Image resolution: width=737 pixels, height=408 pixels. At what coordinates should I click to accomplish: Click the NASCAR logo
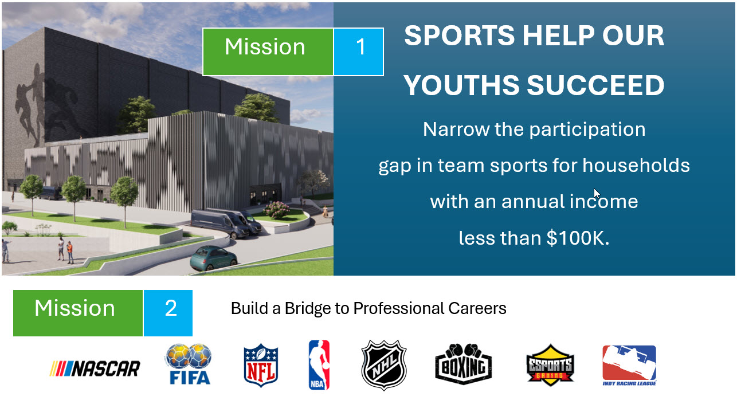(95, 368)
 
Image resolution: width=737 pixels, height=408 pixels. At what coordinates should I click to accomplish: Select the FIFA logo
(189, 364)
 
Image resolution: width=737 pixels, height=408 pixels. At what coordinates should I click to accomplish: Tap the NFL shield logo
(261, 365)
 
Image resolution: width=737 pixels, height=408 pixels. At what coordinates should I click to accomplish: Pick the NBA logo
(319, 365)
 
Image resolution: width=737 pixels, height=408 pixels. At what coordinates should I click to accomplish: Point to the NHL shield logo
(384, 365)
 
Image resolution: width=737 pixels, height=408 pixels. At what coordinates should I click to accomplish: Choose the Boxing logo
(463, 364)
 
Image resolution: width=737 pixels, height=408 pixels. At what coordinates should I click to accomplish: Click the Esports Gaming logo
(550, 365)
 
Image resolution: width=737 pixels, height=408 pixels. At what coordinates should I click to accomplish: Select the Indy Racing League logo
(629, 365)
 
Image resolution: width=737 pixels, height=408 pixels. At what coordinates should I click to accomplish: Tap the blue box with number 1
(359, 52)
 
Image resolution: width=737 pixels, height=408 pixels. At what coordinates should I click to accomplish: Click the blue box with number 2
(168, 313)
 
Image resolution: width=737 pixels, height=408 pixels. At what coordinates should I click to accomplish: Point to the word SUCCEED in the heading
(595, 85)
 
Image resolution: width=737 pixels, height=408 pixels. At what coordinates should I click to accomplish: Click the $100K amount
(578, 238)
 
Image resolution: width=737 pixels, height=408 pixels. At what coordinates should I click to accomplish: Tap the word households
(636, 165)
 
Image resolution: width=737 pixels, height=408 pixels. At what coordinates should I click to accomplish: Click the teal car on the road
(214, 258)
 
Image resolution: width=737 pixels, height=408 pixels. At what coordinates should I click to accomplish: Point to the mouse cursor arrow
(597, 194)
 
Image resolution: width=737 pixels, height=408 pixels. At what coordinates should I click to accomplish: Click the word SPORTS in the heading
(459, 36)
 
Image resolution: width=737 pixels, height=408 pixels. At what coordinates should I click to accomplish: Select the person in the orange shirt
(70, 252)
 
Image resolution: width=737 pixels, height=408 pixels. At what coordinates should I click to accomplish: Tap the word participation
(587, 130)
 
